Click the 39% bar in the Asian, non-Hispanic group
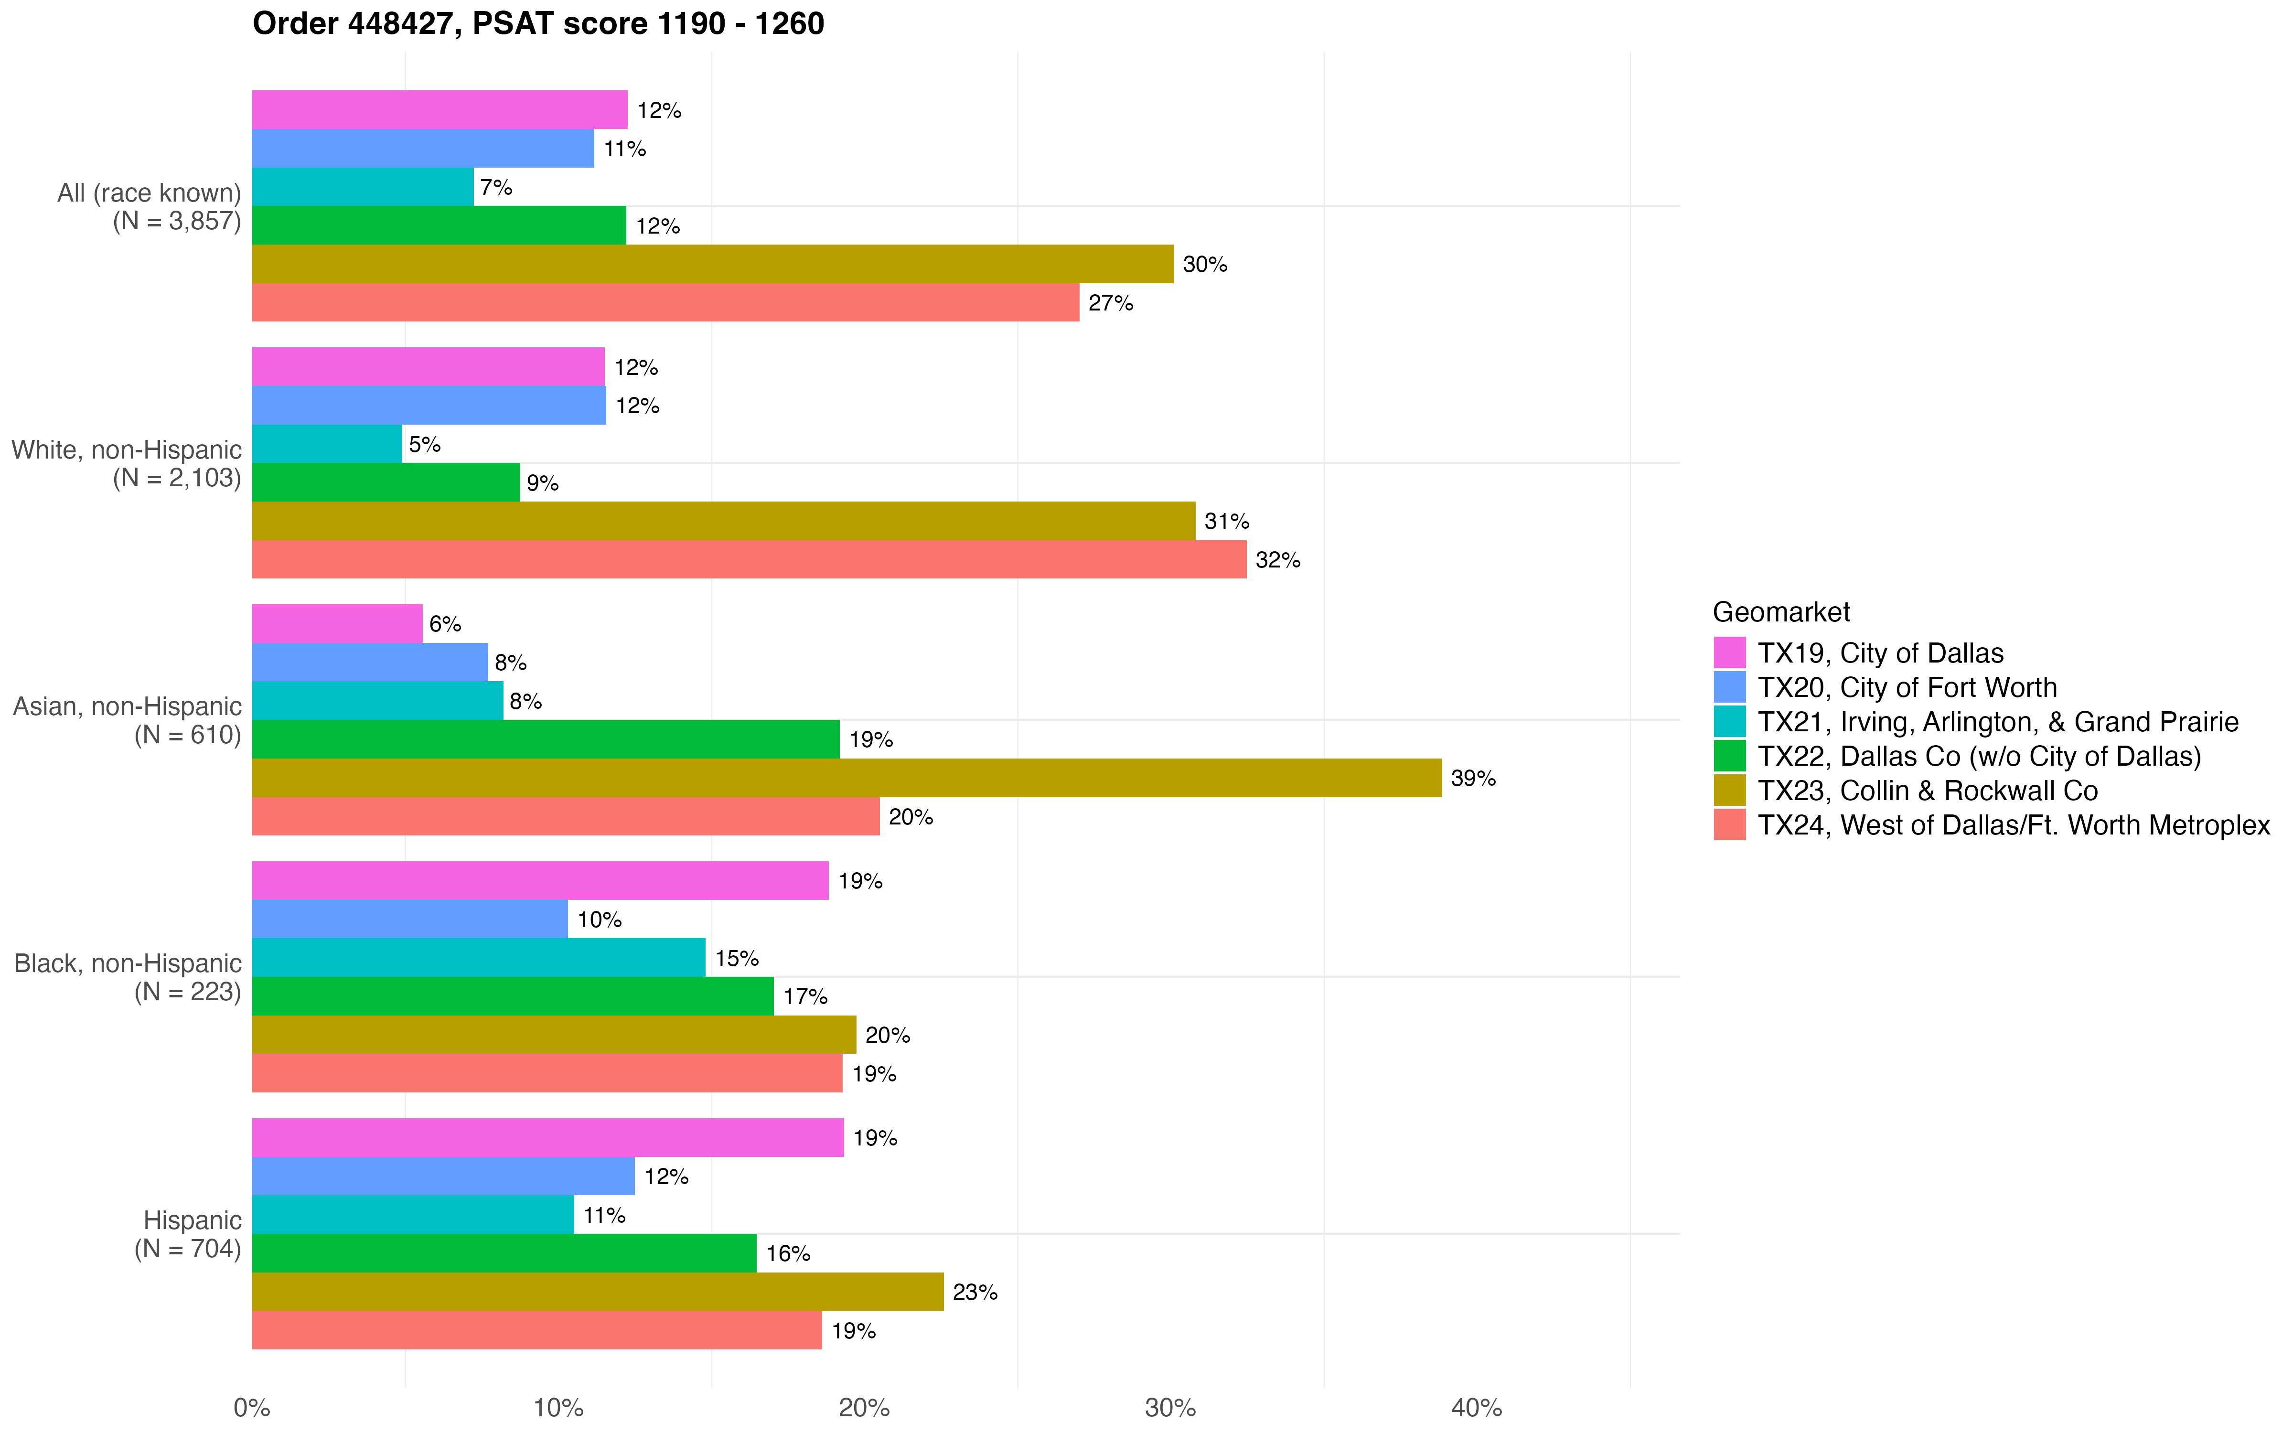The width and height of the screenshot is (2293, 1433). pyautogui.click(x=846, y=778)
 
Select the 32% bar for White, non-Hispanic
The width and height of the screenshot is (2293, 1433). pyautogui.click(x=749, y=559)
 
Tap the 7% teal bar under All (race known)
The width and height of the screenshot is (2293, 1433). pyautogui.click(x=363, y=187)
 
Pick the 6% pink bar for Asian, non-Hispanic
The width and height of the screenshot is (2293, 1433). pyautogui.click(x=337, y=624)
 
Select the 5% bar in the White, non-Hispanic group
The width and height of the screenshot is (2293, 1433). pyautogui.click(x=327, y=444)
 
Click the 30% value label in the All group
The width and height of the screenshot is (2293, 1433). pyautogui.click(x=1204, y=265)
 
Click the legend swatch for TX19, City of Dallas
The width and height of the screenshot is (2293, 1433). pyautogui.click(x=1729, y=653)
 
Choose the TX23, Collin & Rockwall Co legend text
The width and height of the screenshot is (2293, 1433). pyautogui.click(x=1927, y=791)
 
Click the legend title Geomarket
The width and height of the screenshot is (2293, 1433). pyautogui.click(x=1780, y=612)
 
